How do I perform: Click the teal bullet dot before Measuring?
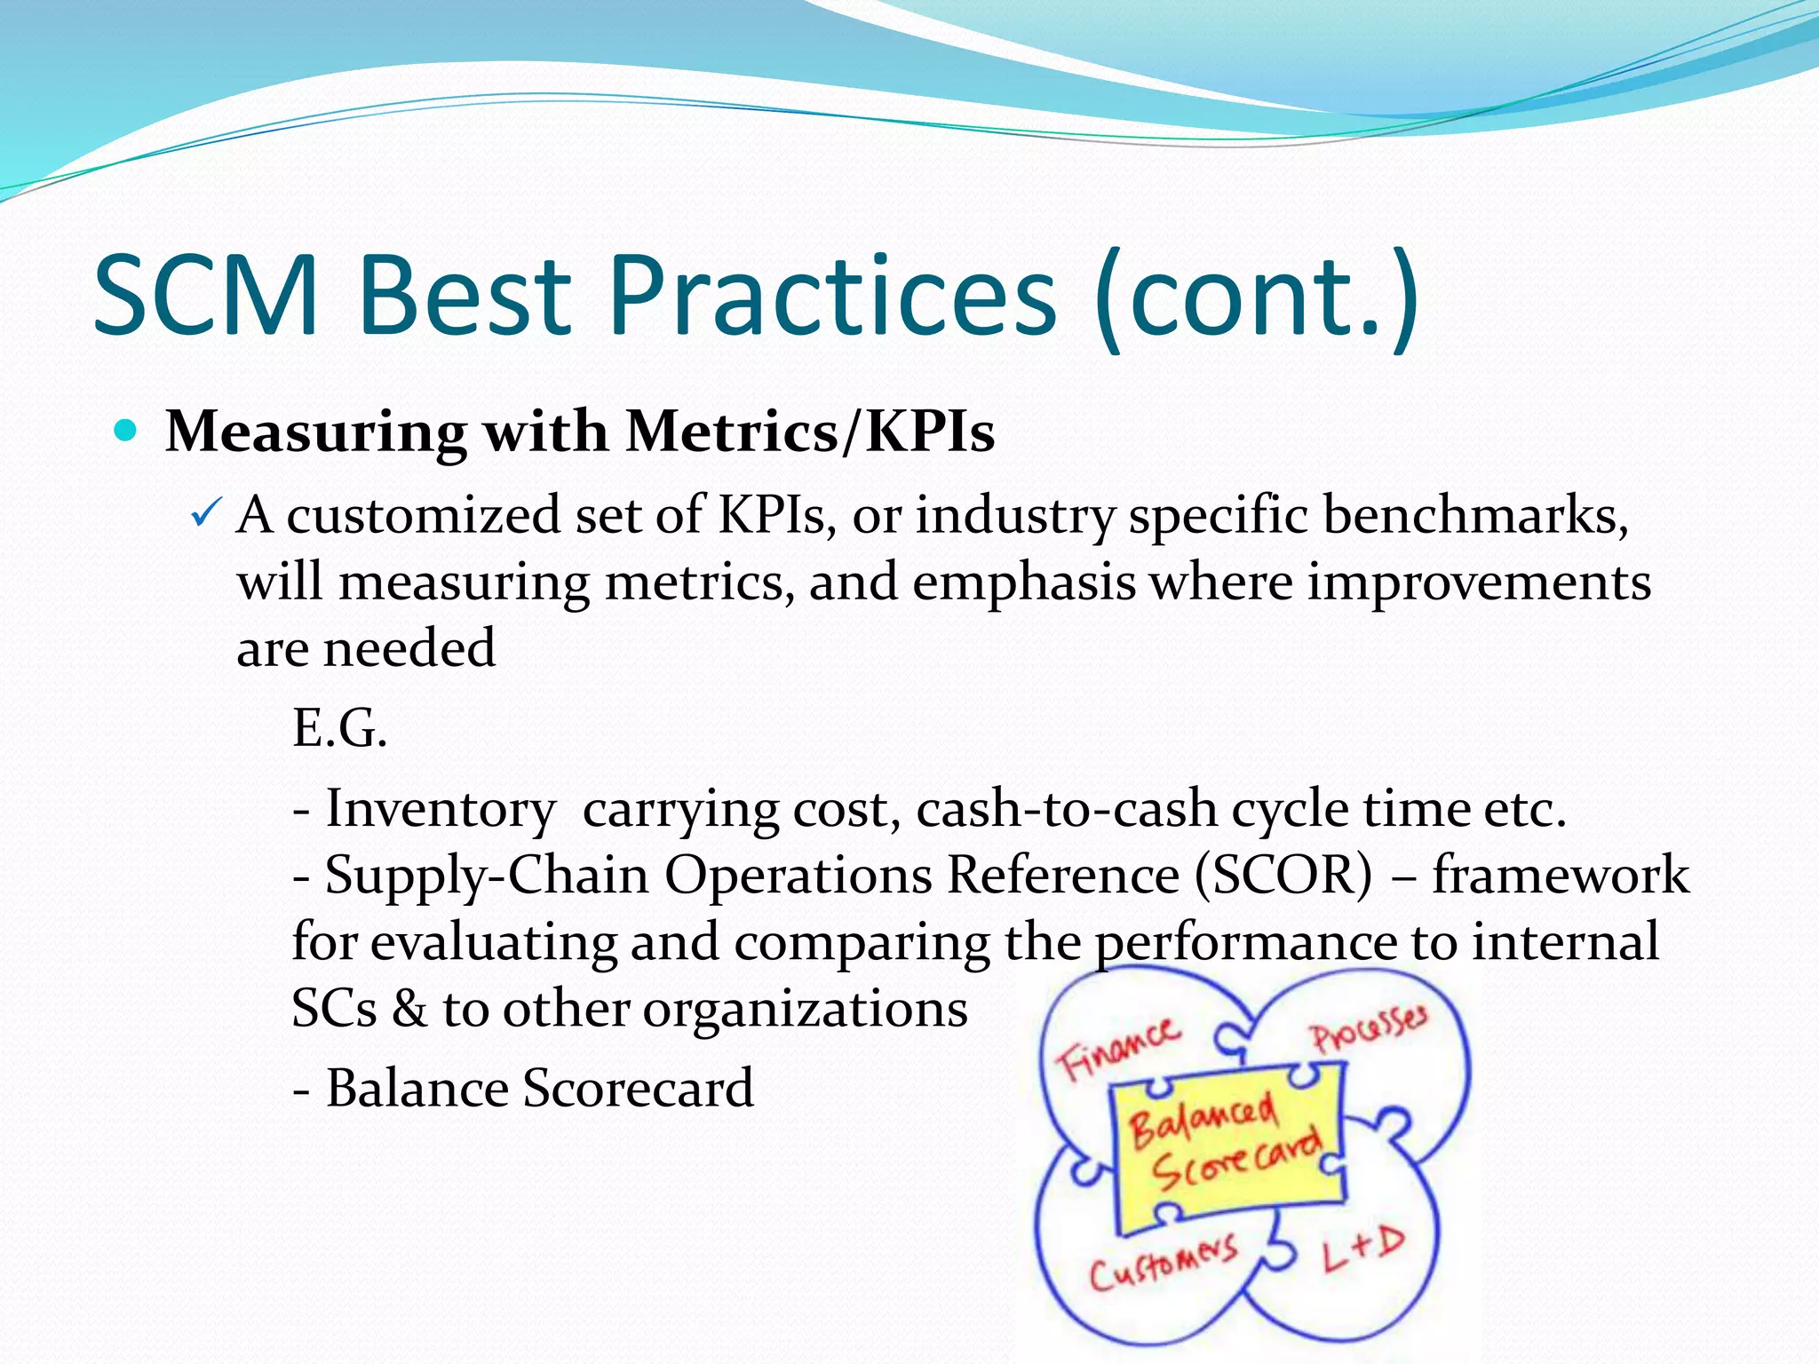pyautogui.click(x=126, y=432)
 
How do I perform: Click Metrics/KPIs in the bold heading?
pyautogui.click(x=810, y=432)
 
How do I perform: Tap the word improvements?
pyautogui.click(x=1478, y=583)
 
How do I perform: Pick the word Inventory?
pyautogui.click(x=441, y=809)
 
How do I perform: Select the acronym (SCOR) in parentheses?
pyautogui.click(x=1283, y=876)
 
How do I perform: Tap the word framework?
pyautogui.click(x=1561, y=876)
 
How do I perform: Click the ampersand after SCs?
pyautogui.click(x=409, y=1010)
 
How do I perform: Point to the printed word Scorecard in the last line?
pyautogui.click(x=638, y=1089)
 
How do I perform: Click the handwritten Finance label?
pyautogui.click(x=1118, y=1049)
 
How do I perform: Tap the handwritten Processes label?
pyautogui.click(x=1369, y=1030)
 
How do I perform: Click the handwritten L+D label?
pyautogui.click(x=1362, y=1249)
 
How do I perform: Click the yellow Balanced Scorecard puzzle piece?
pyautogui.click(x=1227, y=1146)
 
